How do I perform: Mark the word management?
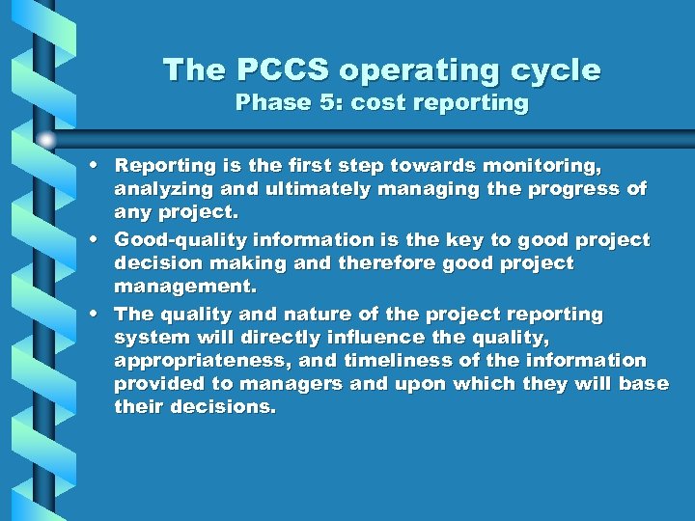[183, 287]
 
